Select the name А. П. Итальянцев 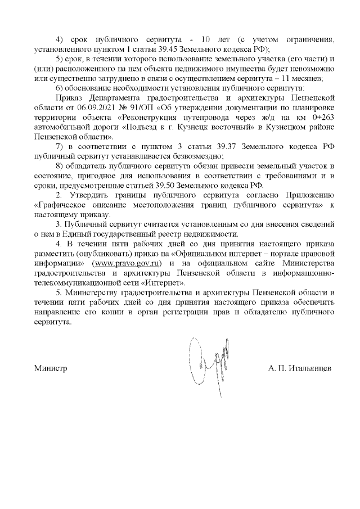point(300,368)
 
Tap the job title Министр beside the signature point(51,368)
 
